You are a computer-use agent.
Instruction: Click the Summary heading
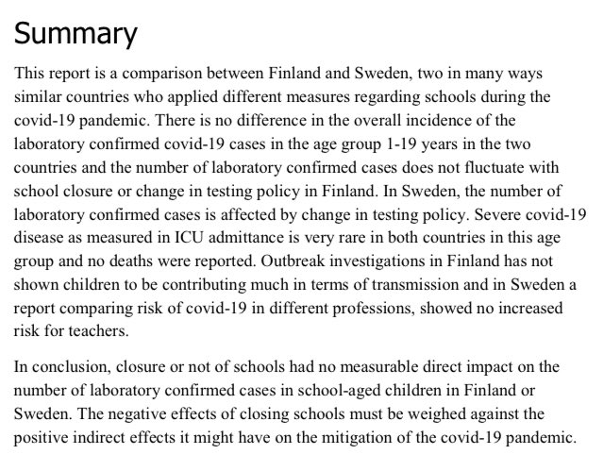point(75,34)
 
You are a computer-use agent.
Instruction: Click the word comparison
point(171,73)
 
